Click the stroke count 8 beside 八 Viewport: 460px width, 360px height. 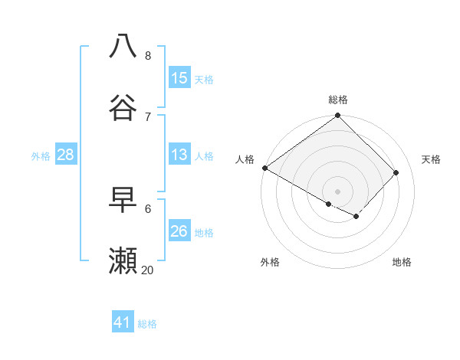pos(148,56)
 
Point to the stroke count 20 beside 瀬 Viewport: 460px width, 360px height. pos(148,270)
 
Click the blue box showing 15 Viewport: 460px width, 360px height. pos(179,78)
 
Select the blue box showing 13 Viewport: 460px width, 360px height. pos(179,155)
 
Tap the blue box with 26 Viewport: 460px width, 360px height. pos(179,231)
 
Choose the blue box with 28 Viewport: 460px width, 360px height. pos(65,155)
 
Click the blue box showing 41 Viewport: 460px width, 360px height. pos(123,322)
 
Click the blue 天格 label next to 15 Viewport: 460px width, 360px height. pos(204,79)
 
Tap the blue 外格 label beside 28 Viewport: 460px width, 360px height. pos(41,155)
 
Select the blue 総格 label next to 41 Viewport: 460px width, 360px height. pos(147,323)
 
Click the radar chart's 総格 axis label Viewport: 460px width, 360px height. pos(338,100)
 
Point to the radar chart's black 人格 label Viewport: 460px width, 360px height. pos(245,159)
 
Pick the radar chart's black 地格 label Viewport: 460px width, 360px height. pos(402,262)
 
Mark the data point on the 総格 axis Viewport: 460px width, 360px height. pos(338,116)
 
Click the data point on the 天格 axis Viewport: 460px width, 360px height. pos(396,172)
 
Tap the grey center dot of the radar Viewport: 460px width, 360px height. pos(338,191)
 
